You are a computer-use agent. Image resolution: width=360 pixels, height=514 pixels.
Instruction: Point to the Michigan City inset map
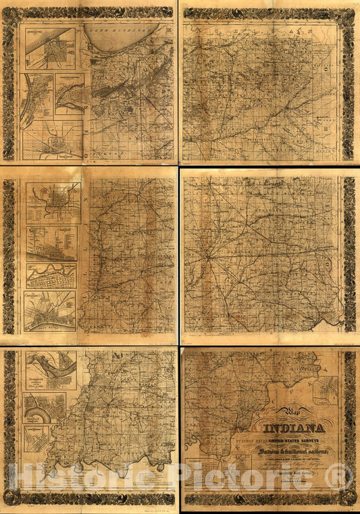[51, 49]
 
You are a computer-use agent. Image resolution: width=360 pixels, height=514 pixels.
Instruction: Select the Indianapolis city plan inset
[53, 202]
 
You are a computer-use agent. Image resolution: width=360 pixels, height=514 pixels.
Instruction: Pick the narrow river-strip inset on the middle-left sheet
[51, 276]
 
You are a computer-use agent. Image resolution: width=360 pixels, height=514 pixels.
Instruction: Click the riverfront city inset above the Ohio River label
[50, 311]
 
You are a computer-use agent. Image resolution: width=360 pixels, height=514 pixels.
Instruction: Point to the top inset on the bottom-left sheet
[51, 371]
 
